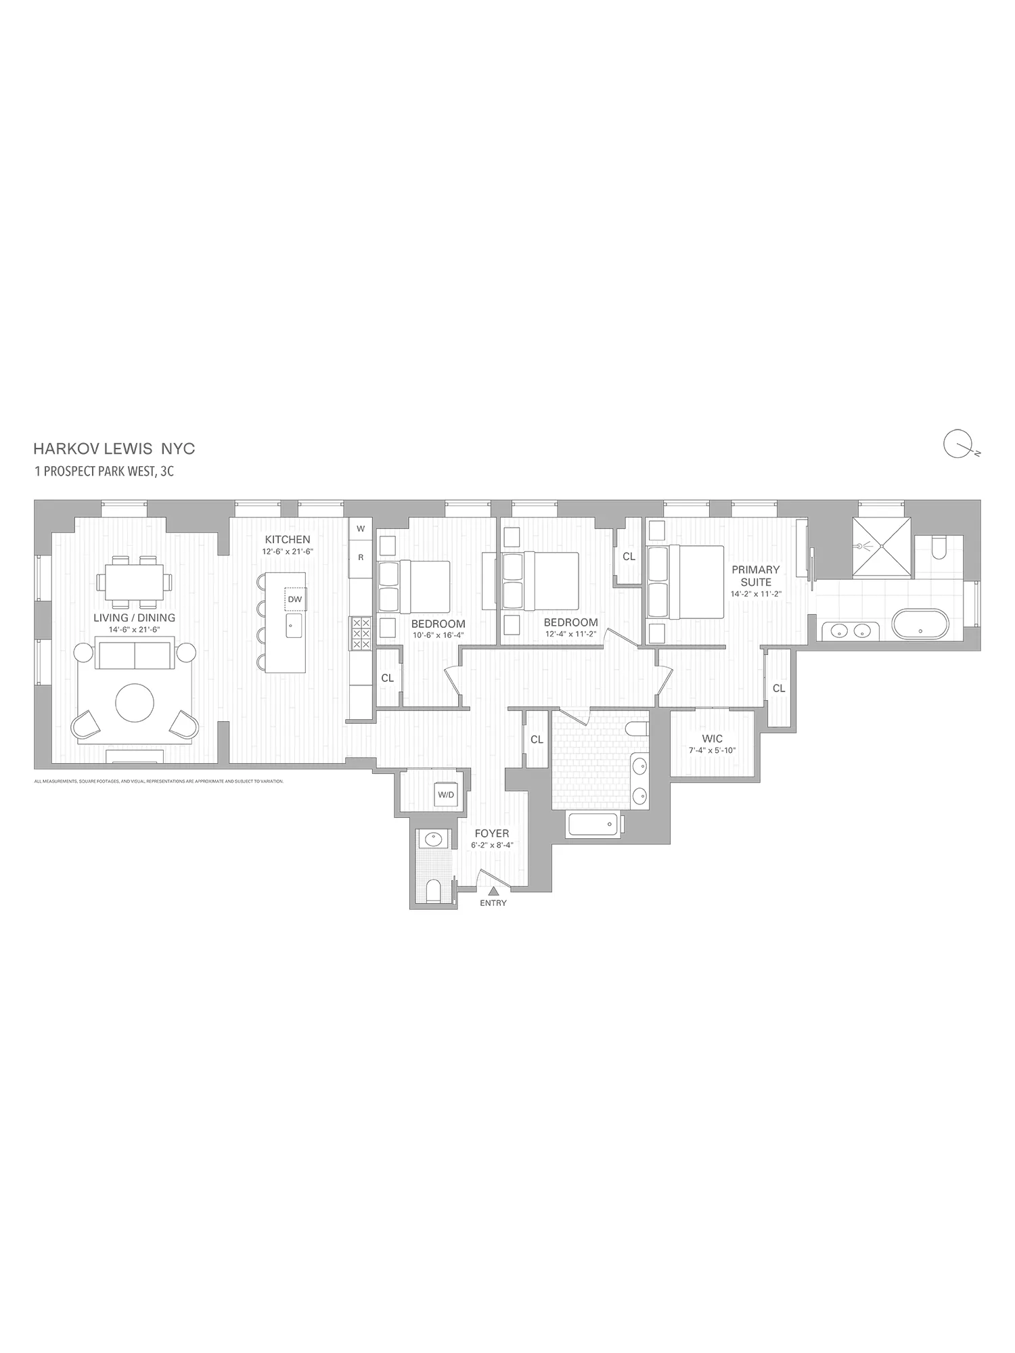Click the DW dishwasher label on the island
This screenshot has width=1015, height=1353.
pyautogui.click(x=294, y=599)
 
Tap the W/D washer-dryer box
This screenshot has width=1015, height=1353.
pyautogui.click(x=446, y=794)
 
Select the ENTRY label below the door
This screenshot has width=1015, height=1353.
pyautogui.click(x=493, y=903)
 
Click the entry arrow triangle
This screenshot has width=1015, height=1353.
pyautogui.click(x=493, y=891)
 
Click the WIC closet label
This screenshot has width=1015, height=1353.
pyautogui.click(x=712, y=739)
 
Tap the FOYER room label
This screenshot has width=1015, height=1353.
pyautogui.click(x=492, y=833)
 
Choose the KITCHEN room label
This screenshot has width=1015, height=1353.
pyautogui.click(x=288, y=540)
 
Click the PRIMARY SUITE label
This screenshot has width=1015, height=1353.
pyautogui.click(x=755, y=576)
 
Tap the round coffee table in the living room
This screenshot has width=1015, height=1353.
pyautogui.click(x=135, y=703)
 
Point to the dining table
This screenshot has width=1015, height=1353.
pyautogui.click(x=134, y=582)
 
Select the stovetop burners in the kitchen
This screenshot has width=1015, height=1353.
pyautogui.click(x=360, y=633)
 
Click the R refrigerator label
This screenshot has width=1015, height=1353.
pyautogui.click(x=361, y=557)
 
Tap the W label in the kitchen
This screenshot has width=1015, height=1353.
pyautogui.click(x=361, y=529)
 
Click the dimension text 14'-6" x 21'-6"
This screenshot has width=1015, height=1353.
pyautogui.click(x=134, y=629)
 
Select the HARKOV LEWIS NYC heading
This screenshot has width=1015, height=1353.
pyautogui.click(x=114, y=449)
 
